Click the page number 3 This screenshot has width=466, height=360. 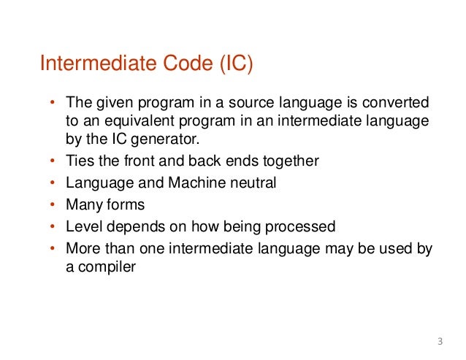[x=440, y=341]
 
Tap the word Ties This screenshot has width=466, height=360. [x=80, y=161]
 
